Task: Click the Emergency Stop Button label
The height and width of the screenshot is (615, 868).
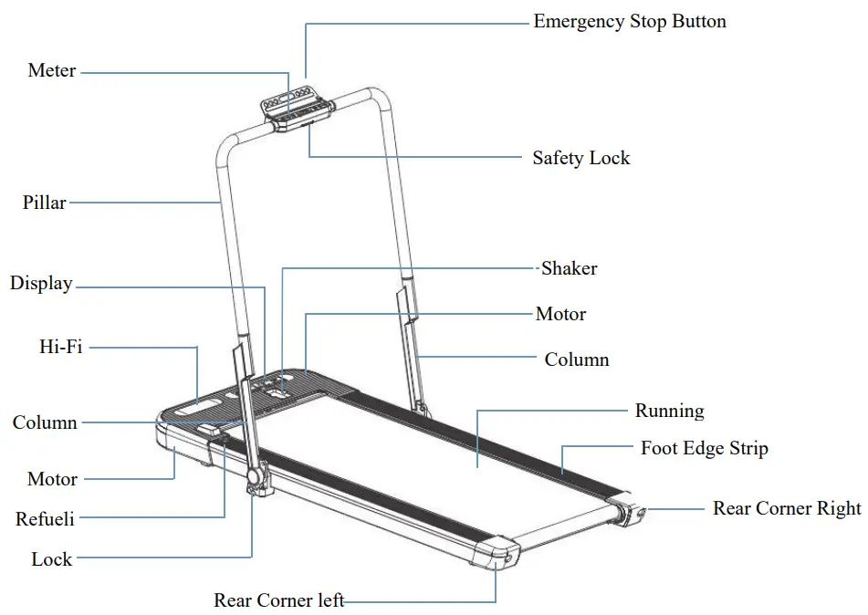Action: [x=630, y=22]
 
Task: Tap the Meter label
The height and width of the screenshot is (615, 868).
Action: [x=52, y=70]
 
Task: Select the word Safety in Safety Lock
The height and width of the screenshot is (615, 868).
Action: [x=558, y=158]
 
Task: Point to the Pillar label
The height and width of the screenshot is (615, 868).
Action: [x=44, y=203]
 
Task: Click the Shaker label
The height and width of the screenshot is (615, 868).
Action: [x=570, y=268]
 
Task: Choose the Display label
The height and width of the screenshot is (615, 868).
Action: [x=41, y=284]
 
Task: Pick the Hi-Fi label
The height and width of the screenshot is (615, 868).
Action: [x=60, y=347]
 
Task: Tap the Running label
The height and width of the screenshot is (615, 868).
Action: [x=669, y=411]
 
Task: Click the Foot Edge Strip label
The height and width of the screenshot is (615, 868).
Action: [x=704, y=448]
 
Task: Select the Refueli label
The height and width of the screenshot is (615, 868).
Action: [x=45, y=519]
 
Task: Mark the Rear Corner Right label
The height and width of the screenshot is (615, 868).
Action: [x=787, y=508]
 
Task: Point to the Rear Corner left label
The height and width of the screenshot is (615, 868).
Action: [x=278, y=600]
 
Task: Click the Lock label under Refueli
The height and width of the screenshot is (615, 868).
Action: [x=51, y=559]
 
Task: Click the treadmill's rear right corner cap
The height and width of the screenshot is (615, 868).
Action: [x=633, y=515]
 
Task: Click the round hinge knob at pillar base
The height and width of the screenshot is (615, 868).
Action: [x=256, y=477]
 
